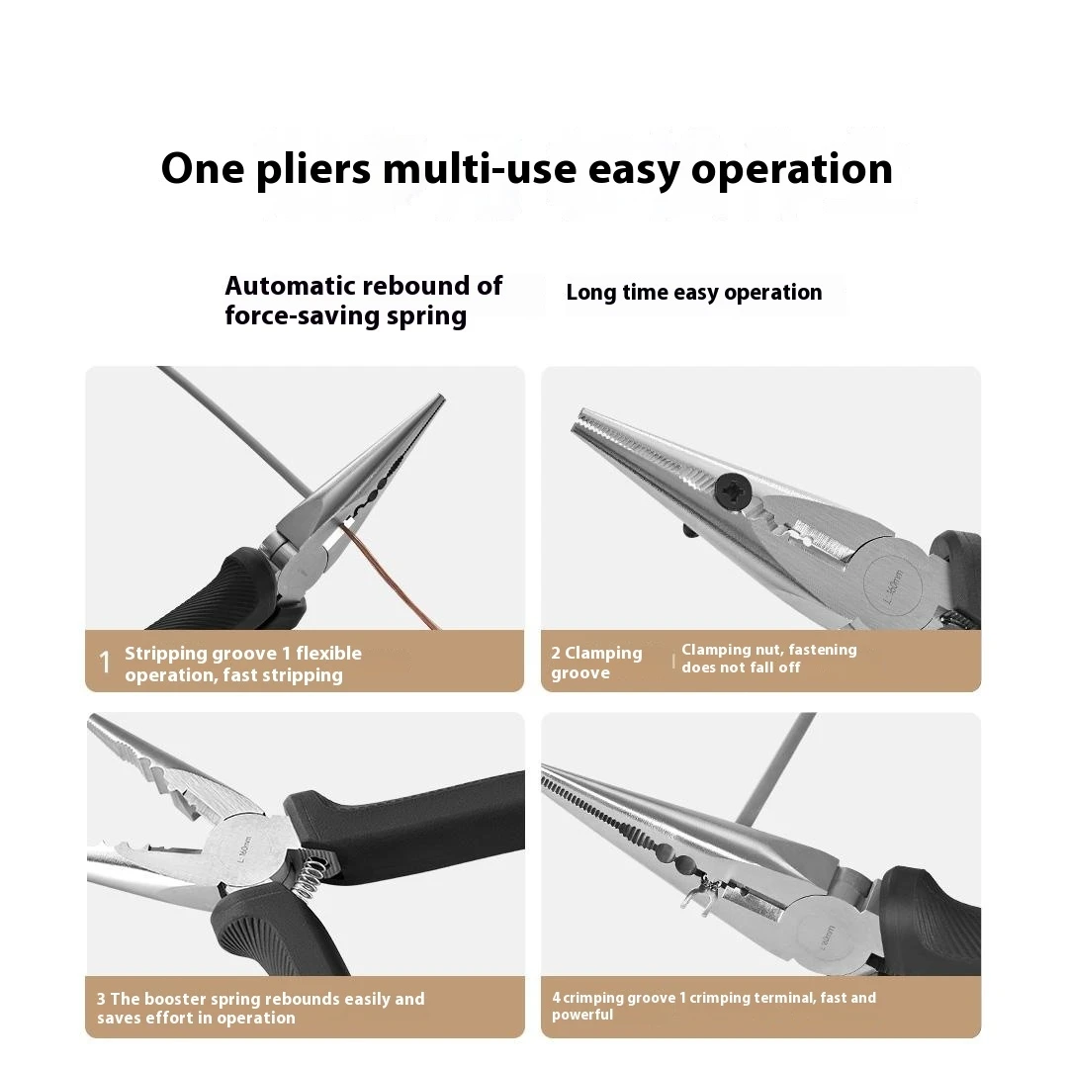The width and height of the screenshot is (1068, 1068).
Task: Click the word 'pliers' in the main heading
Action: coord(314,170)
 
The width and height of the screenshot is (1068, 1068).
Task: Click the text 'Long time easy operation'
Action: coord(694,292)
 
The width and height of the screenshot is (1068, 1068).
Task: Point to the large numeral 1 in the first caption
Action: coord(104,662)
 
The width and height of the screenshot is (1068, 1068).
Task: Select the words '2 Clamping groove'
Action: coord(596,663)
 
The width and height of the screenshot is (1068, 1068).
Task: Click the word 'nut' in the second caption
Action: coord(778,650)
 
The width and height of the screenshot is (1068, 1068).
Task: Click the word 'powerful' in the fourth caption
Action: coord(582,1015)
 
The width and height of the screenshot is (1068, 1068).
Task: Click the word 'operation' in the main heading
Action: coord(791,170)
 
